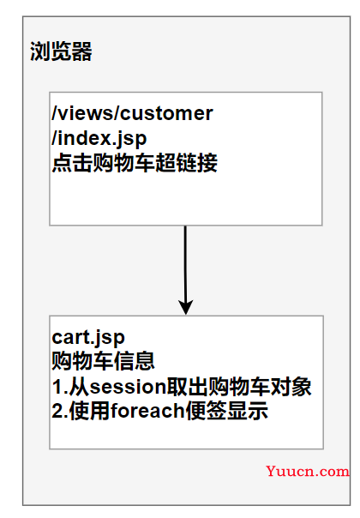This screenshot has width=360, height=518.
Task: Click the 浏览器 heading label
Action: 61,51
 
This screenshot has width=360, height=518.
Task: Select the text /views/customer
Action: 133,113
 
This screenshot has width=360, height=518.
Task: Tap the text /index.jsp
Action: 99,138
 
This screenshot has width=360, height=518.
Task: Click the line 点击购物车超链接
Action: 135,163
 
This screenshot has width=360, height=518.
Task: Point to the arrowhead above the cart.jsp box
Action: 186,307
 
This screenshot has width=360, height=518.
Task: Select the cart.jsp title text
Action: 88,338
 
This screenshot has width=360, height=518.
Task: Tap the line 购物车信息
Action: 104,361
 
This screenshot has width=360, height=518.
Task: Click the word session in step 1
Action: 128,387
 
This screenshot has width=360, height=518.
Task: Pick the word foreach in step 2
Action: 147,411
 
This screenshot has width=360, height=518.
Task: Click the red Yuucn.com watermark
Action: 308,472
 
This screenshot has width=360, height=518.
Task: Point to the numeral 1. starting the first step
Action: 60,387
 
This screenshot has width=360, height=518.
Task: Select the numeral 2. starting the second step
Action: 60,411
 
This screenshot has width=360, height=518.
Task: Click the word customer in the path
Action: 167,113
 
